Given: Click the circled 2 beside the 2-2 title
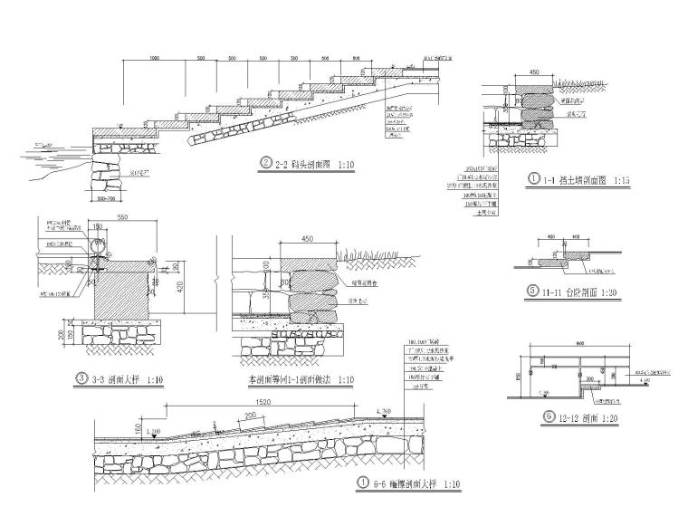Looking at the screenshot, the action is click(x=266, y=163).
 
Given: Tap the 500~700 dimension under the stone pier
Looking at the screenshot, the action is click(x=105, y=196).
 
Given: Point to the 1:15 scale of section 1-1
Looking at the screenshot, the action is click(x=619, y=180).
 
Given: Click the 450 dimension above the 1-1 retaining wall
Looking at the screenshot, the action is click(x=533, y=71).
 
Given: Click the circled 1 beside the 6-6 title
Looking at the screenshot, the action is click(x=363, y=483).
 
